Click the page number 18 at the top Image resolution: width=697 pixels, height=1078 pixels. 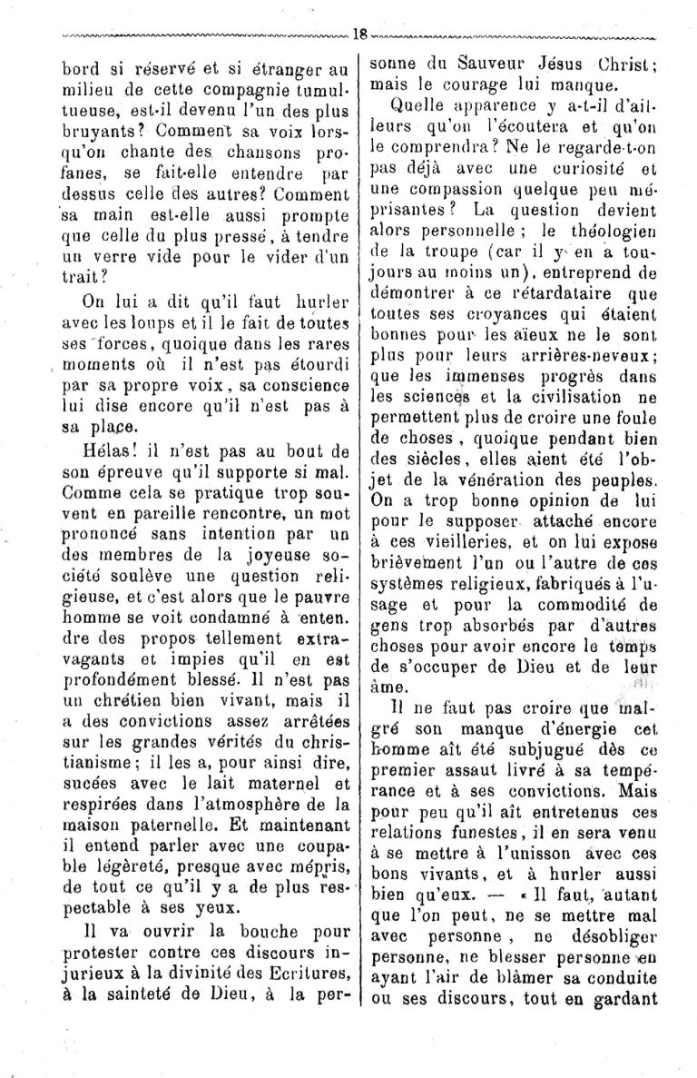[358, 34]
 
